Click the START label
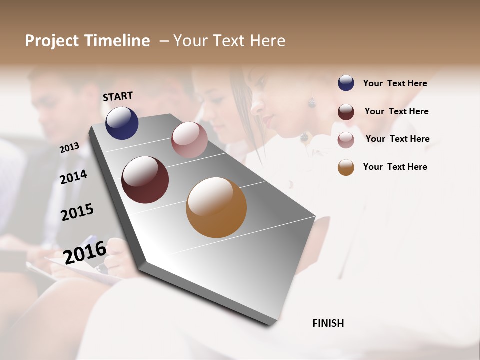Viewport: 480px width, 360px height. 118,96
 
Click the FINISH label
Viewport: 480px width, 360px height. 328,323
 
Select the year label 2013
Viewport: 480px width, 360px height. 69,147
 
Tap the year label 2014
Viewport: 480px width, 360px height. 74,177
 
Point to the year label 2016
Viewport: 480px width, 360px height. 85,252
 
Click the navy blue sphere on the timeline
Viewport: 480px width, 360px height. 122,123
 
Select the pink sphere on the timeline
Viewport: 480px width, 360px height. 189,140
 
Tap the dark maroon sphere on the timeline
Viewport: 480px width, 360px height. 145,180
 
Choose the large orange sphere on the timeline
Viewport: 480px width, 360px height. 216,207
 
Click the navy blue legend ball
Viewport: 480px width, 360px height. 346,83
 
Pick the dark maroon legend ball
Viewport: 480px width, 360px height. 346,112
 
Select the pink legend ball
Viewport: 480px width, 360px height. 346,139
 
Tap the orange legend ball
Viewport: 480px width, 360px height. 346,167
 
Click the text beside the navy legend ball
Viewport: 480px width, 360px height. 395,83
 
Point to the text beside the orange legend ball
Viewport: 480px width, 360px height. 395,167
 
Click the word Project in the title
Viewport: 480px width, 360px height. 52,41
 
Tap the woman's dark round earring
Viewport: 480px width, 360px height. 312,103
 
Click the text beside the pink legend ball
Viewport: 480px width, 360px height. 398,139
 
